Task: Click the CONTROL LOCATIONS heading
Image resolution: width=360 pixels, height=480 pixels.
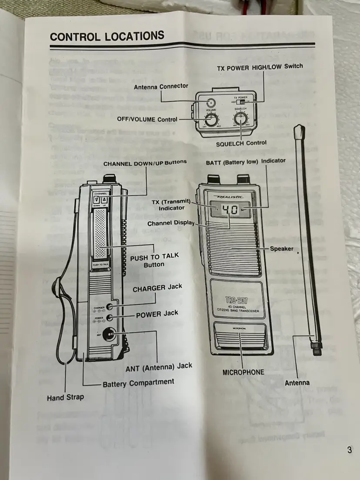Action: click(107, 36)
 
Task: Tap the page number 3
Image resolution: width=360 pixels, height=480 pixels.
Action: click(350, 450)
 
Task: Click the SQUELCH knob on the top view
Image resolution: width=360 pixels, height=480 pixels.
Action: click(240, 118)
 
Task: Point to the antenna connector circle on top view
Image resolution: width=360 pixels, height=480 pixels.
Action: click(211, 103)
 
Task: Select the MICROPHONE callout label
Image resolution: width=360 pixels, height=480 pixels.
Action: click(243, 372)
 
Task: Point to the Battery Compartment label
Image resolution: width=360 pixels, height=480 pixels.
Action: click(138, 383)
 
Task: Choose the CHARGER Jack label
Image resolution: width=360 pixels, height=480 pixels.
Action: click(157, 288)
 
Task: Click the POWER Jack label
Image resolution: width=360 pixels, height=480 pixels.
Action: click(157, 314)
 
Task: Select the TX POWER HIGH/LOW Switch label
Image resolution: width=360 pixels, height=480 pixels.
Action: click(260, 67)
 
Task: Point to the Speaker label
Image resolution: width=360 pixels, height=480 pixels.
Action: click(281, 249)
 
